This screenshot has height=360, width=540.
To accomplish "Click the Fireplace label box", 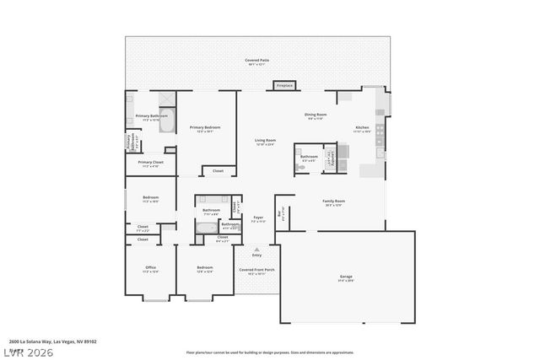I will click(284, 85).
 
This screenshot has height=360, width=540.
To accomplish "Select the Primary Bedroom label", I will click(204, 129).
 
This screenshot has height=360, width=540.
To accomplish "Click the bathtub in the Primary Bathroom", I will click(167, 121).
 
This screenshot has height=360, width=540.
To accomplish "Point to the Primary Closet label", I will click(150, 164).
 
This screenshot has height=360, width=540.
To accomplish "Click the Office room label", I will click(150, 270).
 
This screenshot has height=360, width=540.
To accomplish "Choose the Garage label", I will click(346, 277).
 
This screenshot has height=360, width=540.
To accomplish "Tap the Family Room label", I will click(333, 202).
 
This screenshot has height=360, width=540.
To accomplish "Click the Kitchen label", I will click(362, 130).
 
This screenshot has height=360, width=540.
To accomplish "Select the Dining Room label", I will click(316, 116).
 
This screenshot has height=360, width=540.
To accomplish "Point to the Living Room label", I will click(266, 142).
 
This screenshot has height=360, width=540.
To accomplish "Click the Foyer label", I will click(258, 219).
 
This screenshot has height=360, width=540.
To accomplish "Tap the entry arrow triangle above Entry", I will click(256, 249).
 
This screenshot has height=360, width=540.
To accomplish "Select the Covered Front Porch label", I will click(251, 271).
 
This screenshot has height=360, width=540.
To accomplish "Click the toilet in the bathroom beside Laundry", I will click(301, 167).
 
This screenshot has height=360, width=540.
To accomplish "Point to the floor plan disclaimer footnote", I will click(270, 352).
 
